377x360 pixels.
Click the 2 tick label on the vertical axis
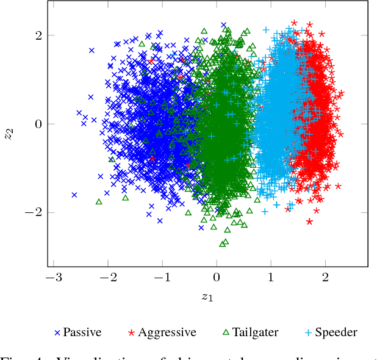click(37, 35)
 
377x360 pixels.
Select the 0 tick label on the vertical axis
click(37, 124)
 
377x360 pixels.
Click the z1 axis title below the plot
click(207, 297)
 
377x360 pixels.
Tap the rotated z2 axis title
click(9, 134)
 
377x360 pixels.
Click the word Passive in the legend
click(82, 333)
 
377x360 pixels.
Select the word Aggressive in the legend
click(167, 333)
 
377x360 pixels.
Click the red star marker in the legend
click(131, 333)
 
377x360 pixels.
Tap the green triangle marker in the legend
click(225, 333)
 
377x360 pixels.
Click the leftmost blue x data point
click(74, 195)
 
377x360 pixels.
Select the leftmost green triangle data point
click(99, 201)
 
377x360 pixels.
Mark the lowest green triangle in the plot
click(223, 243)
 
